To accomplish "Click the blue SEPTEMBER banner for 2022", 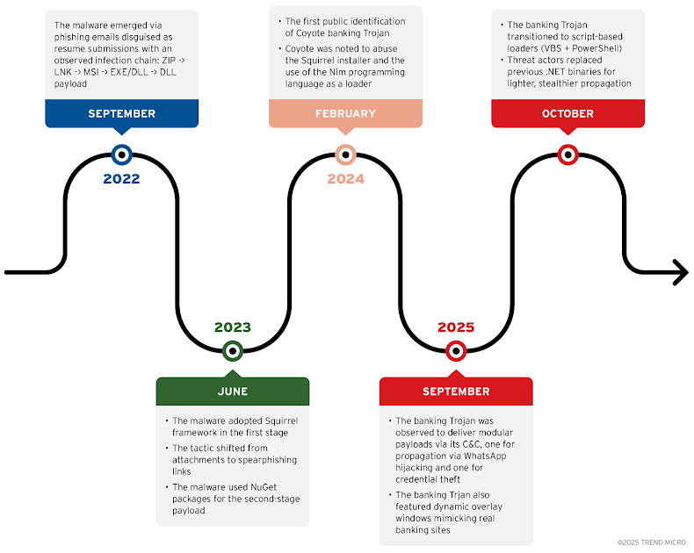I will pos(121,113).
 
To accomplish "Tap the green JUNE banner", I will pos(232,391).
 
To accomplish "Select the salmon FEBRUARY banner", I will pos(344,113).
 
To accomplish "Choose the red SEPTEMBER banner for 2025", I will pos(455,391).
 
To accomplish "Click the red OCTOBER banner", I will pos(567,113).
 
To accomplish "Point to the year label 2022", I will pos(121,179).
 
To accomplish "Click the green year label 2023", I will pos(232,327).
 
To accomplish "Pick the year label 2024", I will pos(344,179).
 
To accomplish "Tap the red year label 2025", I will pos(455,327).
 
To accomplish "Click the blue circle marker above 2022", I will pos(121,154).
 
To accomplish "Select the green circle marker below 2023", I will pos(232,351).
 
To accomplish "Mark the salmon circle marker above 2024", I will pos(344,154).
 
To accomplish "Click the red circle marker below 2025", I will pos(455,351).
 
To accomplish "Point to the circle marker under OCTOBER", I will pos(567,154).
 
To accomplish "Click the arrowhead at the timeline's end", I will pos(680,272).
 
